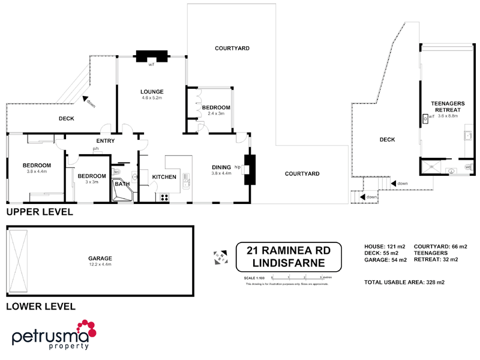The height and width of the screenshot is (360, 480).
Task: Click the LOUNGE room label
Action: (x=152, y=92)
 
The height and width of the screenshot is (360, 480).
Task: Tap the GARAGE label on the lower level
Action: (x=100, y=259)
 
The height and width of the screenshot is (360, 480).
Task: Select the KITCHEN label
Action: (x=164, y=177)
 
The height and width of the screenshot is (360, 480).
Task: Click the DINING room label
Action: (x=221, y=167)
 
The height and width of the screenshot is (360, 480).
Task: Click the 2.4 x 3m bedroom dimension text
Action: (x=215, y=113)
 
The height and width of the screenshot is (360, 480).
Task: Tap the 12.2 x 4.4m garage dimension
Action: (x=100, y=265)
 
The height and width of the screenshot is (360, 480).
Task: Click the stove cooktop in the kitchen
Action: (x=163, y=196)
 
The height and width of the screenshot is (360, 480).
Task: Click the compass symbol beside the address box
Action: (x=218, y=257)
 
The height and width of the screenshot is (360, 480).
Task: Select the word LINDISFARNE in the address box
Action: (x=289, y=263)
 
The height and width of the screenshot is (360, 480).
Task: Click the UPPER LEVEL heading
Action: (x=40, y=212)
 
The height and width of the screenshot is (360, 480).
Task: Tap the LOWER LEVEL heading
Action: (x=40, y=307)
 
